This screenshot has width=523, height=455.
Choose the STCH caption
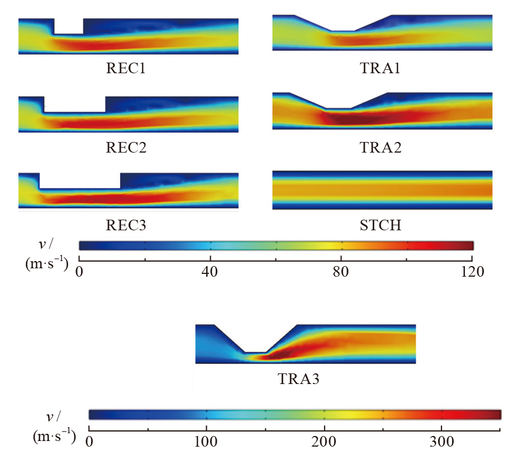(x=382, y=226)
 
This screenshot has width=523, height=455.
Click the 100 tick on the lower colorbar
(x=206, y=440)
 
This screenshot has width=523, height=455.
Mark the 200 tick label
(x=324, y=440)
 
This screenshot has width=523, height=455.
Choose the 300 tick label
(x=441, y=440)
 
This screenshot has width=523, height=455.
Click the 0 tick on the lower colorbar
(x=89, y=440)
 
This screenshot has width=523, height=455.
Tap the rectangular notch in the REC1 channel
(x=69, y=26)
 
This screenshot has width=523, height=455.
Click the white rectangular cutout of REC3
(x=80, y=180)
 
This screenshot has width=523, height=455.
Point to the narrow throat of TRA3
(x=255, y=354)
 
